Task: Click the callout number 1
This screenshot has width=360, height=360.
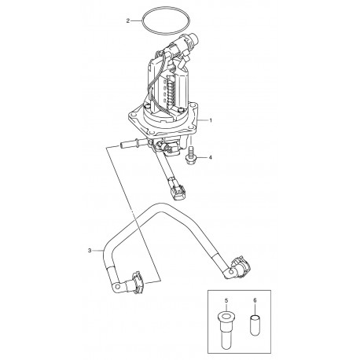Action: pyautogui.click(x=211, y=120)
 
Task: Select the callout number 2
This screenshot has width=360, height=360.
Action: pyautogui.click(x=128, y=20)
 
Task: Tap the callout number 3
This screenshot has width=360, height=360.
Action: pyautogui.click(x=90, y=251)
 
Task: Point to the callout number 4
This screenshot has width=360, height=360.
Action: pyautogui.click(x=210, y=157)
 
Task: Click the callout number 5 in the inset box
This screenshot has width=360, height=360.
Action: pyautogui.click(x=226, y=300)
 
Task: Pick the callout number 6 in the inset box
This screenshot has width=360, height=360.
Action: pyautogui.click(x=255, y=300)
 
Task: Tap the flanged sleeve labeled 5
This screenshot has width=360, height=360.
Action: pyautogui.click(x=226, y=330)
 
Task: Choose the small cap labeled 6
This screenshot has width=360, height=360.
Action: pyautogui.click(x=255, y=325)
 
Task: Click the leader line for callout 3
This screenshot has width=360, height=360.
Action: pyautogui.click(x=97, y=251)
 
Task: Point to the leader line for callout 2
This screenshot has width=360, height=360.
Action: pyautogui.click(x=136, y=20)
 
